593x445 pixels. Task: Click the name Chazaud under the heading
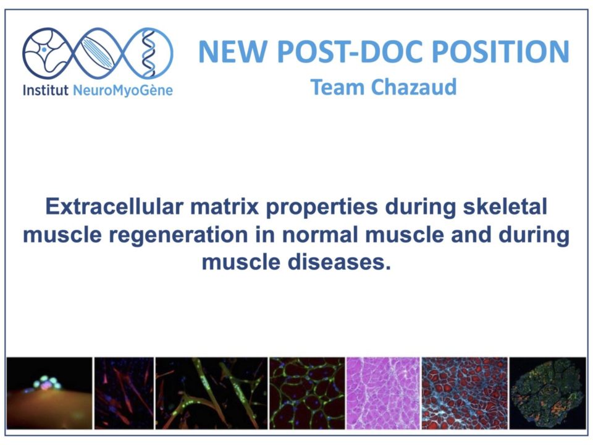click(x=414, y=87)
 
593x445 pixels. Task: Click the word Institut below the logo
click(x=46, y=90)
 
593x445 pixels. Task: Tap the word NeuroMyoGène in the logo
click(x=123, y=91)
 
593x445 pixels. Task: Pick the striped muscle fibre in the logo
click(x=98, y=53)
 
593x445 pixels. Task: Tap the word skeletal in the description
click(x=505, y=206)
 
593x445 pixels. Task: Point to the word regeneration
click(x=178, y=235)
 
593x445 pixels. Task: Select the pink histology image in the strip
click(x=383, y=393)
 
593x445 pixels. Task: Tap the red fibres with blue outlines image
click(x=465, y=393)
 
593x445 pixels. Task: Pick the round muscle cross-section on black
click(x=548, y=394)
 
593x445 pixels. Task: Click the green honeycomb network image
click(x=307, y=393)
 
